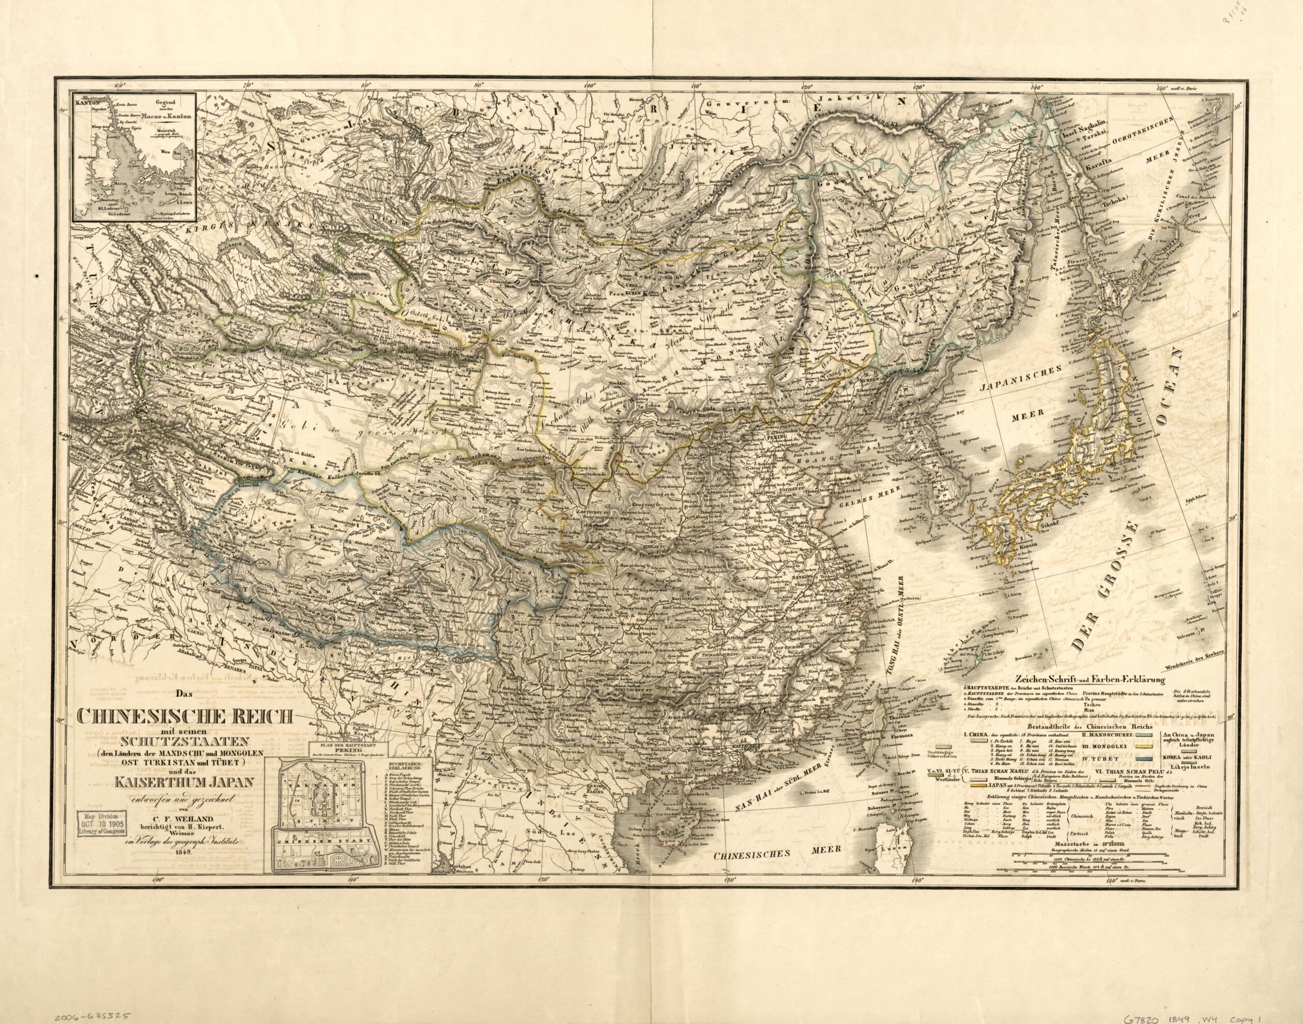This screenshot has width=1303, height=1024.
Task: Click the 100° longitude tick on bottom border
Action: (158, 913)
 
